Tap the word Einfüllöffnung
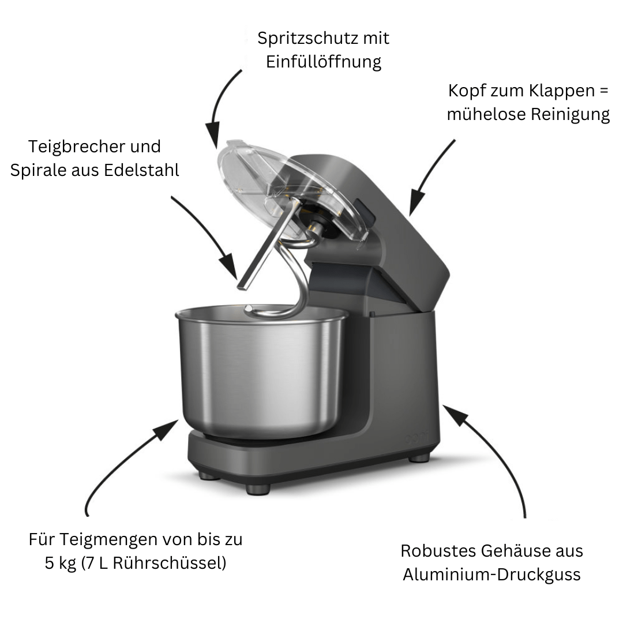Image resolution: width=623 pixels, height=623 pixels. point(324,62)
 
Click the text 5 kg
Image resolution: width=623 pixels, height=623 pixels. point(61,563)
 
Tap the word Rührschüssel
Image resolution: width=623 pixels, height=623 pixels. point(167,563)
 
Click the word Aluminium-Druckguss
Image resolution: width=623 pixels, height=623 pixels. point(491,575)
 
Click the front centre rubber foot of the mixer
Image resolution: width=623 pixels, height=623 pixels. point(257,489)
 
